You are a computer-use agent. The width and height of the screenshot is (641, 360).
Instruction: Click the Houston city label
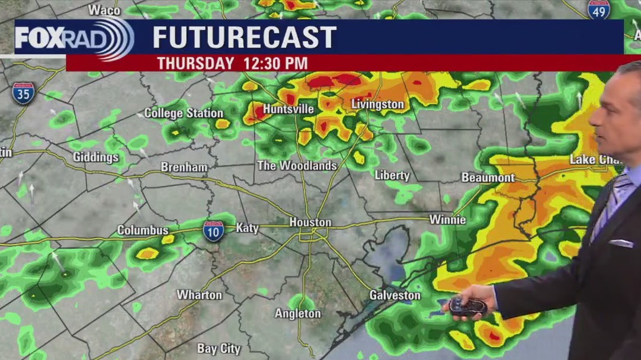pyautogui.click(x=310, y=222)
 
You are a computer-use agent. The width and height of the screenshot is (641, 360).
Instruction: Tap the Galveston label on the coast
pyautogui.click(x=395, y=295)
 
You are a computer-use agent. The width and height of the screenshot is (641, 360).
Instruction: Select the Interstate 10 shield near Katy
pyautogui.click(x=213, y=231)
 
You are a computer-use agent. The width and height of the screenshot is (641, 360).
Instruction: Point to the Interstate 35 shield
pyautogui.click(x=23, y=93)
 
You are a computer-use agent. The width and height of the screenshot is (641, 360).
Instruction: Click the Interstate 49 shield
pyautogui.click(x=599, y=9)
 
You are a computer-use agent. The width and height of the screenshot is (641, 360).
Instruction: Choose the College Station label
pyautogui.click(x=184, y=112)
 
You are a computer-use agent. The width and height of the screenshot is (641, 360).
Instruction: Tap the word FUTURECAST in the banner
pyautogui.click(x=244, y=37)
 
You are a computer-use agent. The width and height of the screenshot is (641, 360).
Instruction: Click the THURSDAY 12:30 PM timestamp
pyautogui.click(x=232, y=63)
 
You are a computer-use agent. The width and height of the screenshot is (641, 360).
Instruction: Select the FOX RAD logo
pyautogui.click(x=73, y=38)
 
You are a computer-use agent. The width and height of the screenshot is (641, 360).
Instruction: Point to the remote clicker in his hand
pyautogui.click(x=467, y=307)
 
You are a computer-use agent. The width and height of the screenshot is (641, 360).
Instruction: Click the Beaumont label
pyautogui.click(x=488, y=178)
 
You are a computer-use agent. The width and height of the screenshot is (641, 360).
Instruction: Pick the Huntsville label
pyautogui.click(x=288, y=109)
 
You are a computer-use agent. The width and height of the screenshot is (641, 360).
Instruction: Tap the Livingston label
pyautogui.click(x=377, y=105)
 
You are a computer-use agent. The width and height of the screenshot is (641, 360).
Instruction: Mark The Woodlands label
pyautogui.click(x=297, y=166)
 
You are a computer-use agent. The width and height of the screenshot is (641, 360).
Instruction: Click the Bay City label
pyautogui.click(x=219, y=349)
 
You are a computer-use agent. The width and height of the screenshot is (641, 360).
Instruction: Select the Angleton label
pyautogui.click(x=298, y=313)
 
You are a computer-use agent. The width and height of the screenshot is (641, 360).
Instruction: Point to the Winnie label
pyautogui.click(x=447, y=220)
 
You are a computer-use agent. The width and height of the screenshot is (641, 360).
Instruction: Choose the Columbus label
pyautogui.click(x=143, y=230)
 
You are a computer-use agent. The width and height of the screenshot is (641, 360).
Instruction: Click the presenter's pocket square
pyautogui.click(x=621, y=243)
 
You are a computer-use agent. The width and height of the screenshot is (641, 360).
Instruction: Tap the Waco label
pyautogui.click(x=104, y=9)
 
